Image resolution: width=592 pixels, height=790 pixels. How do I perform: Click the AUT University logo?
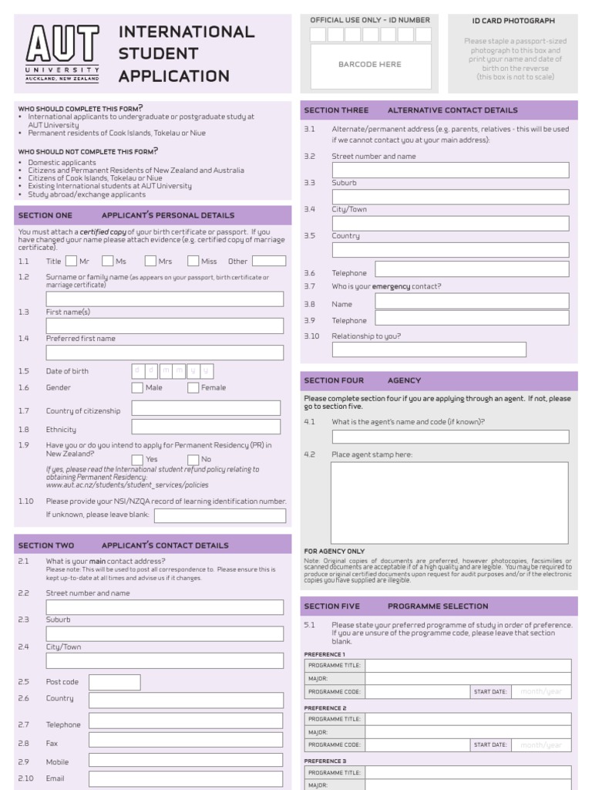coord(62,53)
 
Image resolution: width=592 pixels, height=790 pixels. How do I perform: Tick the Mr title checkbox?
coord(71,261)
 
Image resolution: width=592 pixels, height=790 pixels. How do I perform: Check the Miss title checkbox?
coord(193,261)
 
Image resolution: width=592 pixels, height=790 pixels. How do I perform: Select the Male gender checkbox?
coord(137,387)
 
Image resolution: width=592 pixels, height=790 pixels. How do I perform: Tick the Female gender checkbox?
coord(193,387)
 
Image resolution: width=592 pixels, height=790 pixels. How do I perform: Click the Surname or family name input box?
coord(164,299)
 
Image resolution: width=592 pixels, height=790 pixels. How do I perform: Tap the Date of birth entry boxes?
coord(172,370)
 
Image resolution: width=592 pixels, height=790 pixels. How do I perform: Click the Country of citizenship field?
coord(206,408)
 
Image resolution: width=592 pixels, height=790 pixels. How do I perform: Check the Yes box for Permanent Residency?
coord(137,459)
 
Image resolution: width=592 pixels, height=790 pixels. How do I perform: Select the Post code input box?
coord(114,682)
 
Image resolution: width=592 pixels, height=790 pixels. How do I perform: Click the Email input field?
coord(186,779)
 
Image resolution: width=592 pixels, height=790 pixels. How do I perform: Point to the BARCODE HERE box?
coord(370,66)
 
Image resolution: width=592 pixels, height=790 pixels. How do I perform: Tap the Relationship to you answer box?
coord(429,349)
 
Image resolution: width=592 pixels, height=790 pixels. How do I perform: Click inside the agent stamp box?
coord(449,502)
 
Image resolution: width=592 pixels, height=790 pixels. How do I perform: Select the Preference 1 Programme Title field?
coord(468,666)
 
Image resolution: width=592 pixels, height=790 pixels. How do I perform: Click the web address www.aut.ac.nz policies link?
coord(127,485)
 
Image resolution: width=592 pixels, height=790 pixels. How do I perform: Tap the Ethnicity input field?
coord(206,427)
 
